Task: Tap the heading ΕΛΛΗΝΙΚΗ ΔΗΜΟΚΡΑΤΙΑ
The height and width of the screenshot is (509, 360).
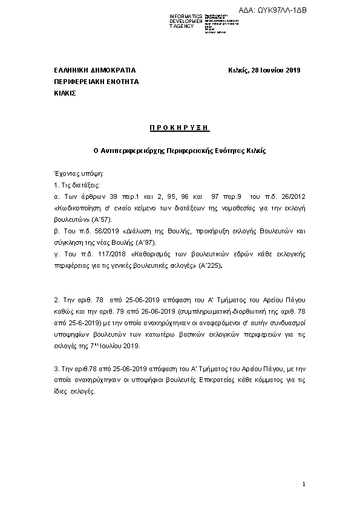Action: (95, 71)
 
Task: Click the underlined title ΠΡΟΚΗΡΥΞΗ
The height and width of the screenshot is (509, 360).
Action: (179, 128)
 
